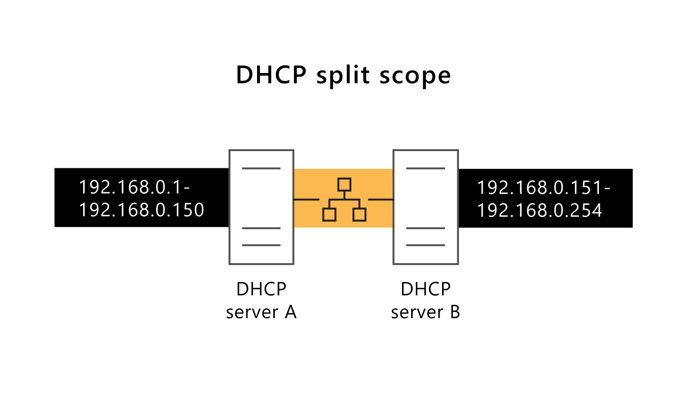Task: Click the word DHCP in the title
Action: click(271, 75)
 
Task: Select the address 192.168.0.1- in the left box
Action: click(134, 187)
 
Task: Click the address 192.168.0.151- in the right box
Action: click(543, 188)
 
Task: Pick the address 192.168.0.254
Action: click(539, 210)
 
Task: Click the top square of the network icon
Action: click(344, 184)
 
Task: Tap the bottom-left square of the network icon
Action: click(329, 214)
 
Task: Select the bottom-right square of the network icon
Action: click(359, 214)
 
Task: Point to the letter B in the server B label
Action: click(454, 312)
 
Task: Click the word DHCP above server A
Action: click(261, 290)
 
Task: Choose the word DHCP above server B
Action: click(425, 290)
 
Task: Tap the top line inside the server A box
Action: click(261, 168)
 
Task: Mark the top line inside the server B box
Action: click(425, 168)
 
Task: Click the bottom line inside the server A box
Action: click(261, 245)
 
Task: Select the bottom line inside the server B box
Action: click(425, 245)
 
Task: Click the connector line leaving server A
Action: click(306, 200)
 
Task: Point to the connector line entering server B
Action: click(381, 200)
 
